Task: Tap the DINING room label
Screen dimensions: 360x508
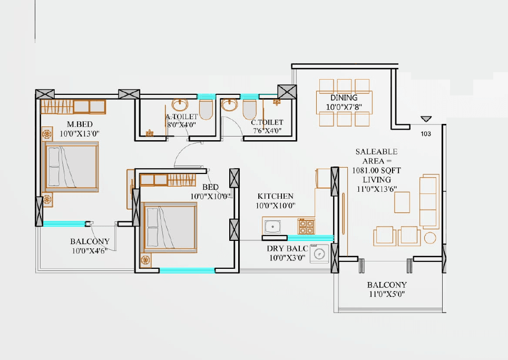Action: (344, 98)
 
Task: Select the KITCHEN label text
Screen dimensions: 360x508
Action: (275, 196)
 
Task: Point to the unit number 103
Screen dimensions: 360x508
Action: (426, 134)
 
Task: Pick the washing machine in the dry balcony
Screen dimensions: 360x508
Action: (319, 254)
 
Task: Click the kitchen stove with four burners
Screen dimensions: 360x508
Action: (306, 227)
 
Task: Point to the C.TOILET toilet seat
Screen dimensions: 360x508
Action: (249, 110)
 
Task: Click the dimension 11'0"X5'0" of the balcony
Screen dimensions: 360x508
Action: (387, 295)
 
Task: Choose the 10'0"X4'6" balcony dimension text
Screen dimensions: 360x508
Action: (90, 251)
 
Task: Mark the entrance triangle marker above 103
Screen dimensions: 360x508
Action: (426, 120)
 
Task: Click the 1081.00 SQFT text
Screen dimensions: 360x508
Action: (377, 171)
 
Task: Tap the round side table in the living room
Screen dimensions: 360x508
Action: (431, 237)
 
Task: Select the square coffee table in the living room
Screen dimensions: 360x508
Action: (402, 201)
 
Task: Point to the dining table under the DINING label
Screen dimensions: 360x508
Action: (344, 102)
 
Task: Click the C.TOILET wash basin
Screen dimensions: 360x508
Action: (230, 105)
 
